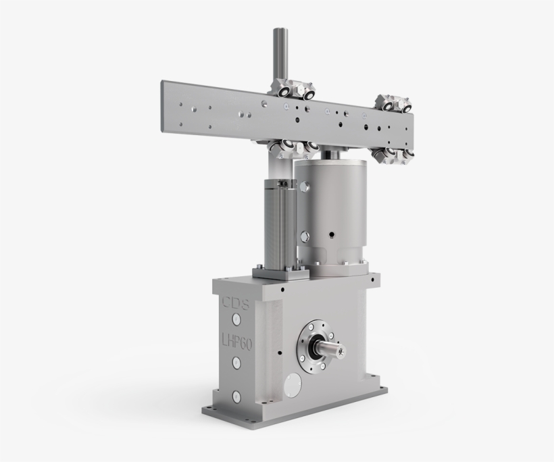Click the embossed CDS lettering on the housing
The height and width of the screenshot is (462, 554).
coord(234,301)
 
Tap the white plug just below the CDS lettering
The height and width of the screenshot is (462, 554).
coord(236,319)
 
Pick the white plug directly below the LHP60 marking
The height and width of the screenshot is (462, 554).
coord(236,363)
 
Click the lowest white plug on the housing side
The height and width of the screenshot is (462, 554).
coord(235,399)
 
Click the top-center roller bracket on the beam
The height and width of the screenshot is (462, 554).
coord(291,91)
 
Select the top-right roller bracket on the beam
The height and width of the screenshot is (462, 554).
coord(395,101)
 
